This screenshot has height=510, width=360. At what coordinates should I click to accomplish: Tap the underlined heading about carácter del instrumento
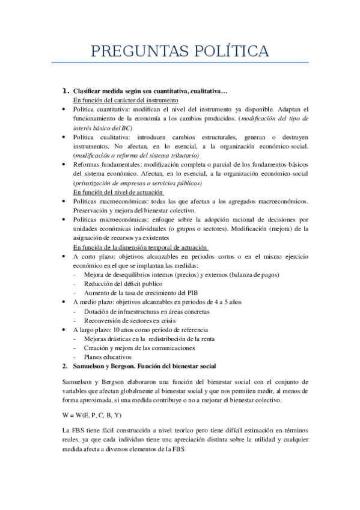click(125, 100)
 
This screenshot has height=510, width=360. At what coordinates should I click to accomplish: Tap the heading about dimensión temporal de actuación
click(141, 247)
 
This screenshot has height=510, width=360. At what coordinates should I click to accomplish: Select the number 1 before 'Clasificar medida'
click(66, 91)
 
